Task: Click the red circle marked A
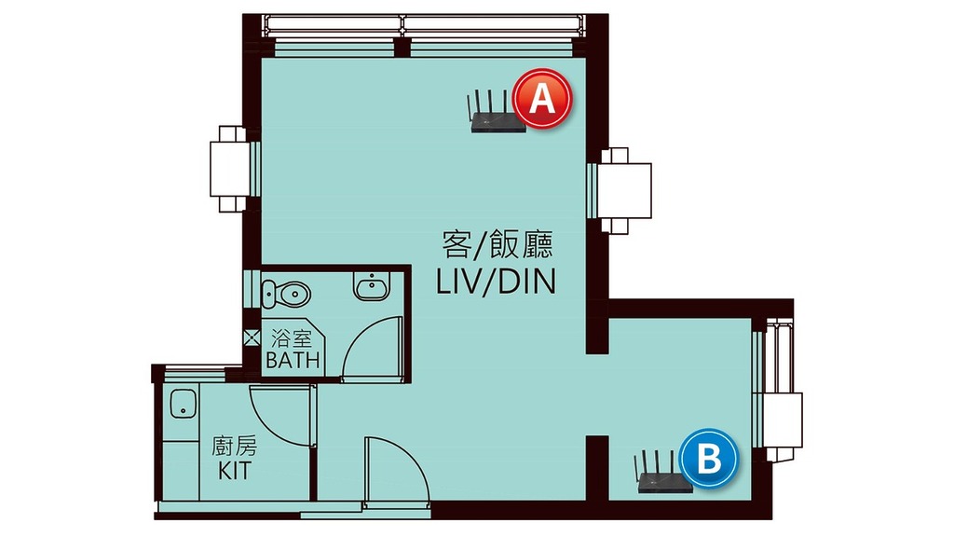click(x=542, y=99)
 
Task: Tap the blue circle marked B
click(x=709, y=458)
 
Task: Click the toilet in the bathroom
click(x=285, y=294)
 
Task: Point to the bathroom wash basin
click(x=372, y=286)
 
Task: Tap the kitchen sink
click(x=184, y=404)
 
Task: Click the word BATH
click(x=293, y=360)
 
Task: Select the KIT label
click(x=235, y=470)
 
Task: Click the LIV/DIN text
click(x=497, y=282)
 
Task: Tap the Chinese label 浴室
click(x=292, y=337)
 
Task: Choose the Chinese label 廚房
click(x=234, y=447)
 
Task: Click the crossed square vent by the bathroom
click(x=252, y=337)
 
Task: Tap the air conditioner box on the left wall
click(x=230, y=169)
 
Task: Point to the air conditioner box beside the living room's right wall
click(x=624, y=190)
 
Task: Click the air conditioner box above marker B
click(x=784, y=420)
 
